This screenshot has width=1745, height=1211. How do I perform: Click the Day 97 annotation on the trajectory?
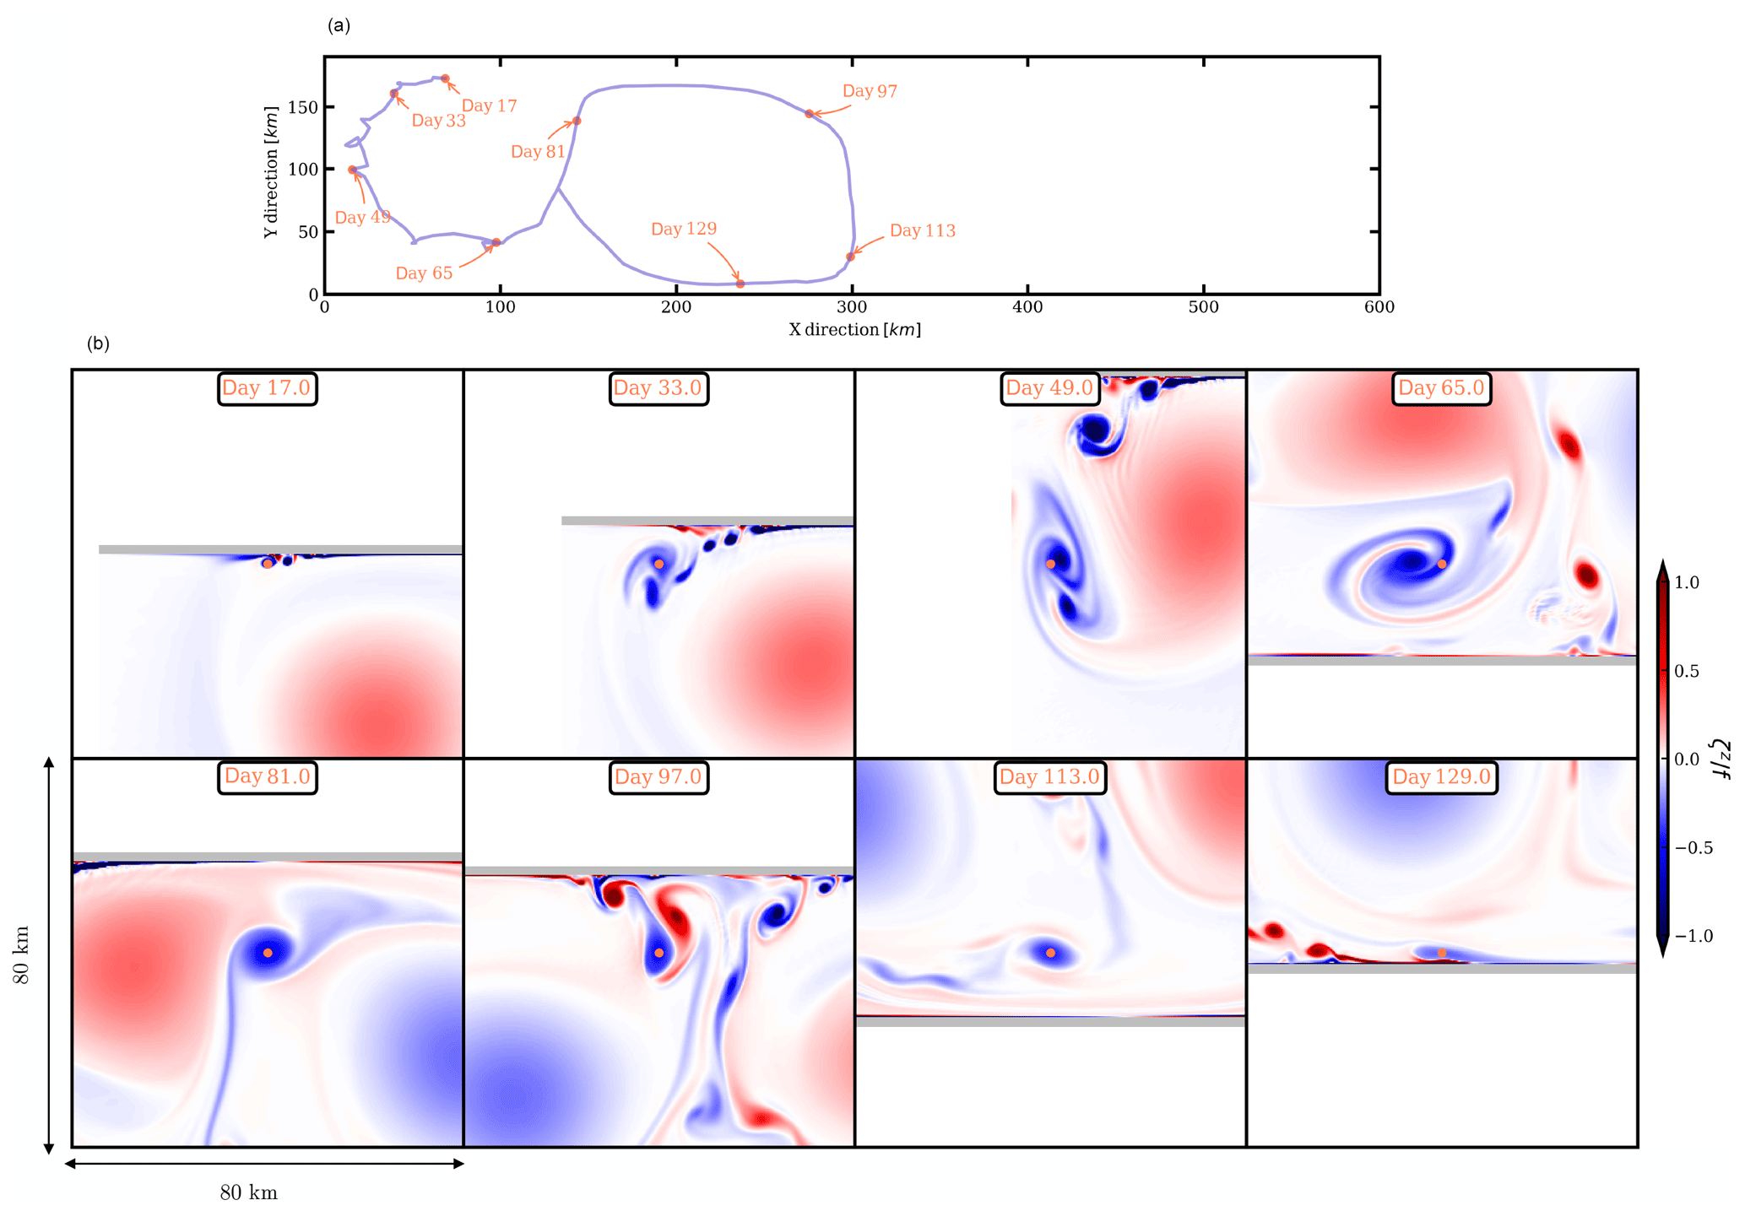[x=869, y=91]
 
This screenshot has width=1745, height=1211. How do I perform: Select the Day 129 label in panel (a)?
[x=683, y=229]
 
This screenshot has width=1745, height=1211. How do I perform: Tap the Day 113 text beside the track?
[x=922, y=230]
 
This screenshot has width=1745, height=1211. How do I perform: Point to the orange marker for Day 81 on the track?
[x=577, y=121]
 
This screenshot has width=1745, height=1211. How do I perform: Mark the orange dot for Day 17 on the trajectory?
[x=445, y=78]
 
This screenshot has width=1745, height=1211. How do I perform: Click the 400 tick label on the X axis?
[x=1027, y=307]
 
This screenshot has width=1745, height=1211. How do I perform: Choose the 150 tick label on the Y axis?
[x=302, y=107]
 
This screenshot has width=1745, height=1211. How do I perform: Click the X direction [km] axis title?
[x=854, y=329]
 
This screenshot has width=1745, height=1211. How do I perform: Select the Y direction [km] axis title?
[x=271, y=172]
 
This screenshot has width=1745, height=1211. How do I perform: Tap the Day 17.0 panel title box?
[x=267, y=388]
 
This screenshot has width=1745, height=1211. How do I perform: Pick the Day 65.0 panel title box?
[x=1440, y=388]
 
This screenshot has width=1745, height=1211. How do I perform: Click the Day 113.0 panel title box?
[x=1049, y=776]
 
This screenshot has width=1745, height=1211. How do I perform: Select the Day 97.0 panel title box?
[x=658, y=776]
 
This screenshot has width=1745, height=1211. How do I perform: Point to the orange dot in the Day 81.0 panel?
[x=268, y=953]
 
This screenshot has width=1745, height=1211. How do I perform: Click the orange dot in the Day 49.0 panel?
[x=1050, y=564]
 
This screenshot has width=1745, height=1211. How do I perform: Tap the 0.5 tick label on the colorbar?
[x=1687, y=671]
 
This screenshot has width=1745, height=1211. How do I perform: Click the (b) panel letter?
[x=98, y=343]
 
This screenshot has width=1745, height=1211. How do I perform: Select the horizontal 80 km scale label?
[x=248, y=1192]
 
